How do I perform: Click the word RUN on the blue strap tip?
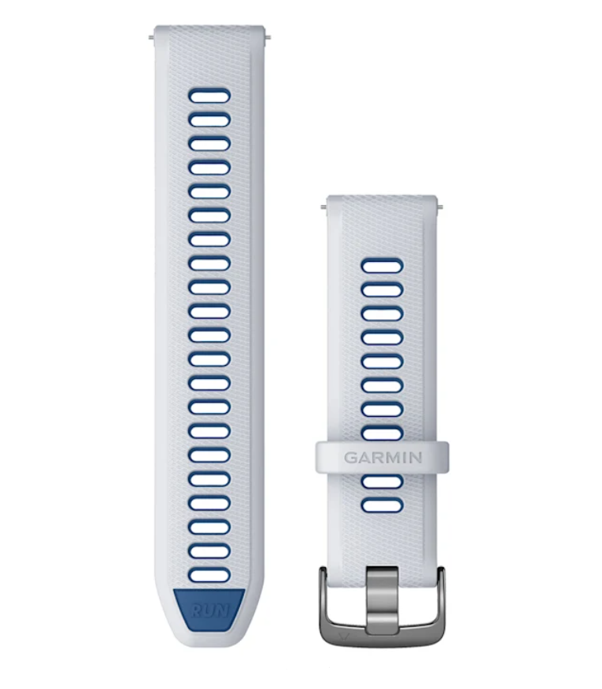[x=210, y=610]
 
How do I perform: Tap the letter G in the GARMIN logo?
[x=350, y=458]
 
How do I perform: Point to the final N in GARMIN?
[x=415, y=458]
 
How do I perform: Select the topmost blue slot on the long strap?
[x=210, y=96]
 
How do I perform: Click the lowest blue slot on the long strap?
[x=210, y=575]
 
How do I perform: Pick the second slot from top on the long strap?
[x=210, y=120]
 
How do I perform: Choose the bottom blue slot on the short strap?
[x=382, y=505]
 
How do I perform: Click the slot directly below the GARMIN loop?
[x=382, y=481]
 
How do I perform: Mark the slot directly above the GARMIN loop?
[x=382, y=434]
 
